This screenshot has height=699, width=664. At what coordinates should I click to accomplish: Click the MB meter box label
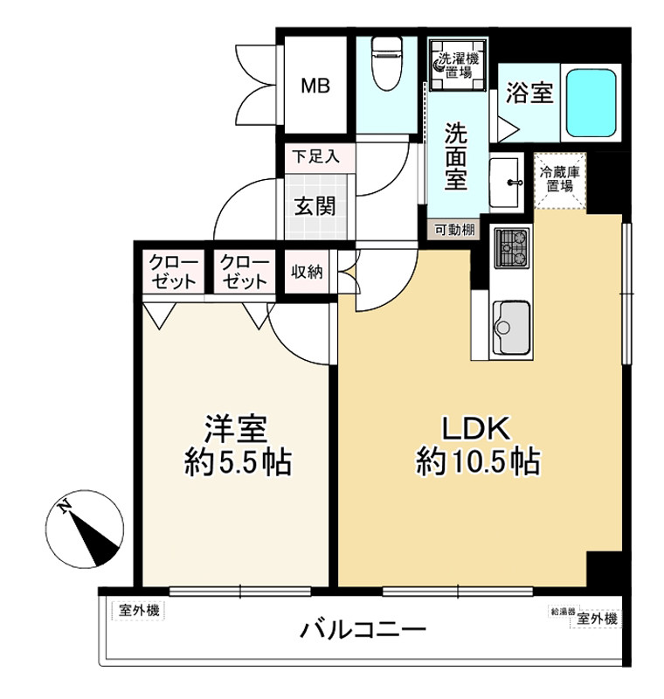click(315, 86)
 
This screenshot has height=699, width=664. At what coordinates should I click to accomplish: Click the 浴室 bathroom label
click(529, 93)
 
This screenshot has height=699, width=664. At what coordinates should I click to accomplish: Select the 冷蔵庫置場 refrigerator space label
click(559, 179)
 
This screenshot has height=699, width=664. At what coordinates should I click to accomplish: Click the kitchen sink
click(511, 328)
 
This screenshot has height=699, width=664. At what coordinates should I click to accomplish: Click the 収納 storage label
click(307, 272)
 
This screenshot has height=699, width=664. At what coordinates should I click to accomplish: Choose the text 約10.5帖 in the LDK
click(477, 460)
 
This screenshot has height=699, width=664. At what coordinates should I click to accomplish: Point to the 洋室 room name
click(235, 427)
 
